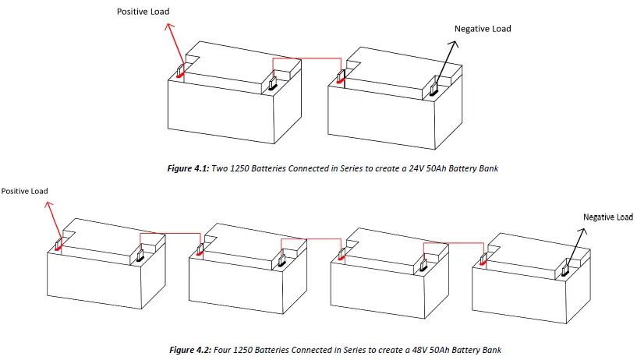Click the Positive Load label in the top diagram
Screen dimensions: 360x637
coord(143,12)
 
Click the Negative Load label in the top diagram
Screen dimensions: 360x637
coord(483,29)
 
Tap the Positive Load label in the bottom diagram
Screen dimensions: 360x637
coord(25,191)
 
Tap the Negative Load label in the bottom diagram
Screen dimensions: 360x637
coord(608,217)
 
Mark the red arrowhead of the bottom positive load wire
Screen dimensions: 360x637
coord(48,204)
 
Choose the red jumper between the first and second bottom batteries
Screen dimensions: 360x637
coord(170,234)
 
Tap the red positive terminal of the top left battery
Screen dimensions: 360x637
coord(180,72)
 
